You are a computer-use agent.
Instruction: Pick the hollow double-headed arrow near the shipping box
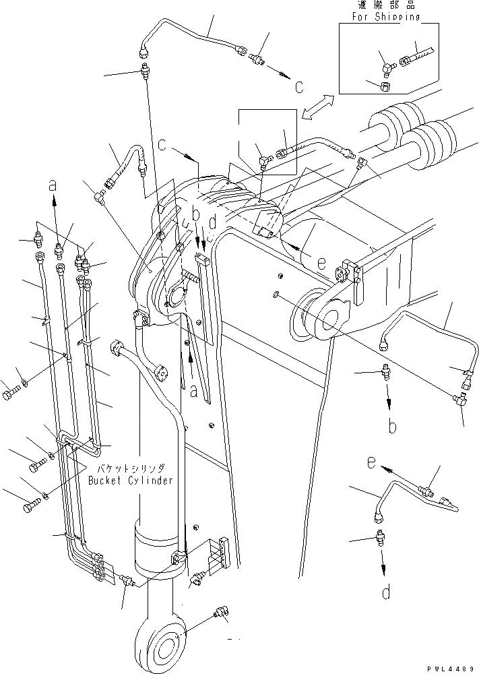coord(318,108)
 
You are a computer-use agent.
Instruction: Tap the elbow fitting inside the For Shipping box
coord(387,67)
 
